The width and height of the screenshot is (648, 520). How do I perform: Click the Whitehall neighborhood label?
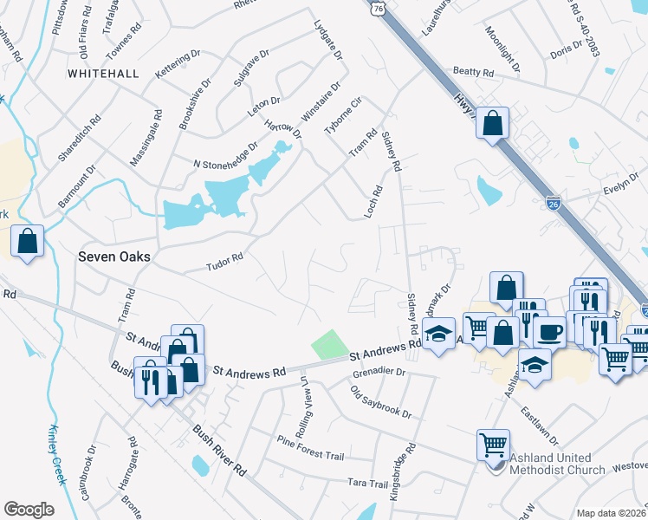coord(103,74)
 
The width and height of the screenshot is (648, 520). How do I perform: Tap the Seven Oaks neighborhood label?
coord(114,257)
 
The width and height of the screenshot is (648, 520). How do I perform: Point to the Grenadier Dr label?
coord(379,372)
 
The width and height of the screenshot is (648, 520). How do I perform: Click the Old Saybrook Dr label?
coord(380,402)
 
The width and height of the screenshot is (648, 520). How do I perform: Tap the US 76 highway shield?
coord(377,8)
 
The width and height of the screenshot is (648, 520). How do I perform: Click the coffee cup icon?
coord(549,332)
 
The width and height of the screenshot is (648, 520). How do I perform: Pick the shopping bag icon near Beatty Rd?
coord(493,123)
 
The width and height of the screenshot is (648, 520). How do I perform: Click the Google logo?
coord(29,510)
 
